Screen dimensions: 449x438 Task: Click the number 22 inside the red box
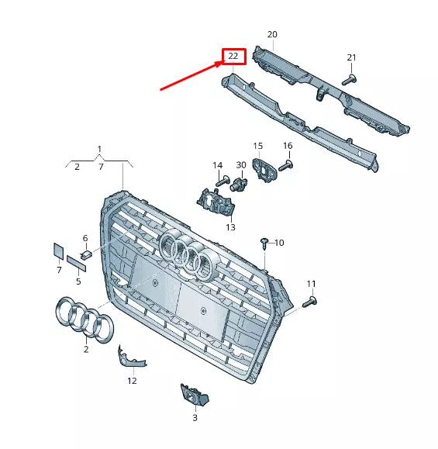[x=233, y=57]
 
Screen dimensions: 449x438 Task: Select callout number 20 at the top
[x=272, y=35]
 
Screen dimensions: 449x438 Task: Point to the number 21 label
[x=351, y=58]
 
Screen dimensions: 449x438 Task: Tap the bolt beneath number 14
[x=220, y=181]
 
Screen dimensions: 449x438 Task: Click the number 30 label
[x=241, y=165]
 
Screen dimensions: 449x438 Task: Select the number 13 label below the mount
[x=230, y=227]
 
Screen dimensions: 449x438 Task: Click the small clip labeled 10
[x=265, y=243]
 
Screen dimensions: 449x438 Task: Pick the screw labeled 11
[x=312, y=301]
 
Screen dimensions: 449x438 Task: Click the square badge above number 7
[x=57, y=250]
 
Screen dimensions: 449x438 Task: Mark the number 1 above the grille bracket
[x=99, y=148]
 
